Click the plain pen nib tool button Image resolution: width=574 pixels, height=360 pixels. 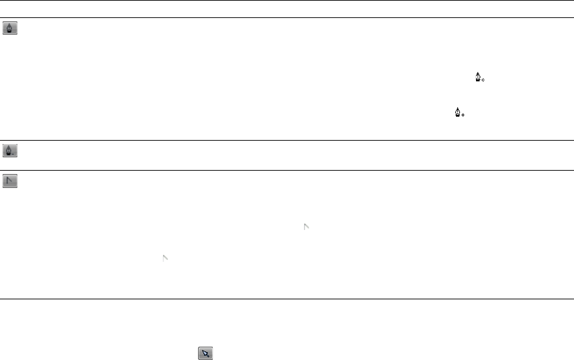pyautogui.click(x=10, y=29)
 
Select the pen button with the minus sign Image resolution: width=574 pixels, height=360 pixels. pyautogui.click(x=10, y=151)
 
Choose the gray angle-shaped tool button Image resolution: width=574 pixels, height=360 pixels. pyautogui.click(x=10, y=181)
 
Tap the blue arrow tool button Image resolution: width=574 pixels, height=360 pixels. pyautogui.click(x=205, y=353)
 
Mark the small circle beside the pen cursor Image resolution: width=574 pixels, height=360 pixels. pyautogui.click(x=483, y=81)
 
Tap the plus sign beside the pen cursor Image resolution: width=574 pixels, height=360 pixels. pyautogui.click(x=463, y=115)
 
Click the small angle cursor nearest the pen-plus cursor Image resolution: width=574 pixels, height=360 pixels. pyautogui.click(x=307, y=227)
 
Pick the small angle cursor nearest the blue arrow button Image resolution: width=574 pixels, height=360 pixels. pyautogui.click(x=165, y=257)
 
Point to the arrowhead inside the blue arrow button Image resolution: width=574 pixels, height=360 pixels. pyautogui.click(x=204, y=353)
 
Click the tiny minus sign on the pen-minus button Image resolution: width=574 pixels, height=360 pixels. pyautogui.click(x=13, y=154)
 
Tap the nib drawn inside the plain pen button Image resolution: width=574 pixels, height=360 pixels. pyautogui.click(x=10, y=28)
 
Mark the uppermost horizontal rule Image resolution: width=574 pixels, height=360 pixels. pyautogui.click(x=287, y=1)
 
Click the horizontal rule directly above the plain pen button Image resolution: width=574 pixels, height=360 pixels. pyautogui.click(x=287, y=18)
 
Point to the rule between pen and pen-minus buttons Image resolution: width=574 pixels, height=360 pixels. pyautogui.click(x=287, y=140)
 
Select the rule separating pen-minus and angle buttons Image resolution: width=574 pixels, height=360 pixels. pyautogui.click(x=287, y=170)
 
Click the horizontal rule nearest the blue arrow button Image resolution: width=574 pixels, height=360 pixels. pyautogui.click(x=287, y=299)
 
